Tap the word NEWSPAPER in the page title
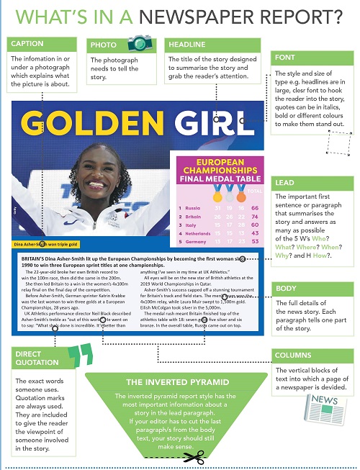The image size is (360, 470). (x=228, y=14)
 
